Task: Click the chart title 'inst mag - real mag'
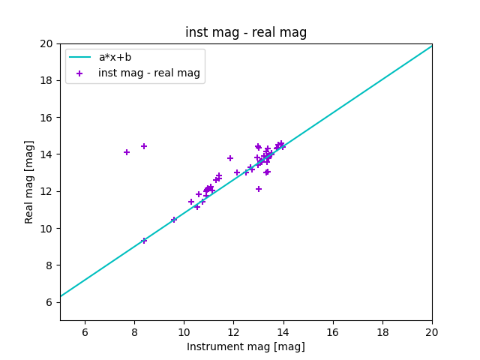click(x=246, y=33)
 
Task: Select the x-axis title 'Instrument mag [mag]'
click(x=246, y=346)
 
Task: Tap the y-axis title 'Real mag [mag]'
click(x=30, y=181)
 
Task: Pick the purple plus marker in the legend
click(x=79, y=73)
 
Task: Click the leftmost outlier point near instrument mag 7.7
click(x=127, y=152)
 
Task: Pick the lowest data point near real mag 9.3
click(x=144, y=241)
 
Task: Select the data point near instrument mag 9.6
click(x=174, y=220)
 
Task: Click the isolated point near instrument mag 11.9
click(x=230, y=158)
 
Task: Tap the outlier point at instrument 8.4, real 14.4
click(x=144, y=146)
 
